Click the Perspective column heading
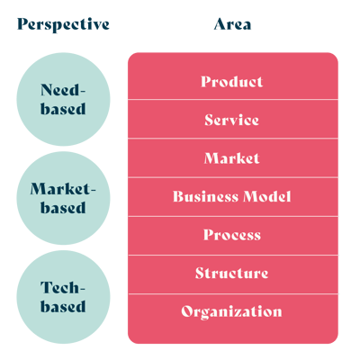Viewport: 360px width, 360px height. pyautogui.click(x=63, y=24)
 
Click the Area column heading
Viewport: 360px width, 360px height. pyautogui.click(x=232, y=24)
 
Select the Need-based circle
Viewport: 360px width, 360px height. pyautogui.click(x=63, y=99)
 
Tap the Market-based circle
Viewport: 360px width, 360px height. pyautogui.click(x=63, y=198)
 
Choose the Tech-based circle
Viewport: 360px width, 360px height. pyautogui.click(x=63, y=297)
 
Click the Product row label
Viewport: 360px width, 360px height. pyautogui.click(x=232, y=82)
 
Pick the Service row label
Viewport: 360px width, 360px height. pyautogui.click(x=231, y=120)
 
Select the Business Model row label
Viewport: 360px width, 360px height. pyautogui.click(x=232, y=196)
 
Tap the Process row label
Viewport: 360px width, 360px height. pyautogui.click(x=232, y=235)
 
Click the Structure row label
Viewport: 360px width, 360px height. pyautogui.click(x=231, y=273)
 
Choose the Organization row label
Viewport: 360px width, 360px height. pyautogui.click(x=231, y=311)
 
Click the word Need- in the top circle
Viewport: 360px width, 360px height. pyautogui.click(x=63, y=90)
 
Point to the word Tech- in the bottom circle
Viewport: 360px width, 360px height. pyautogui.click(x=63, y=287)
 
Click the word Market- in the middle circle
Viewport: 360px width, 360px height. pyautogui.click(x=63, y=189)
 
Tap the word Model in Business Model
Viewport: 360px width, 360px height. pyautogui.click(x=267, y=196)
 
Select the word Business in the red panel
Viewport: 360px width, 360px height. pyautogui.click(x=205, y=196)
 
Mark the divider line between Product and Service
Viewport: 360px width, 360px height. pyautogui.click(x=233, y=99)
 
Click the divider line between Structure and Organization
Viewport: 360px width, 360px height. pyautogui.click(x=233, y=294)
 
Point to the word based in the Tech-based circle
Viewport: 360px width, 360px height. pyautogui.click(x=63, y=306)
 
